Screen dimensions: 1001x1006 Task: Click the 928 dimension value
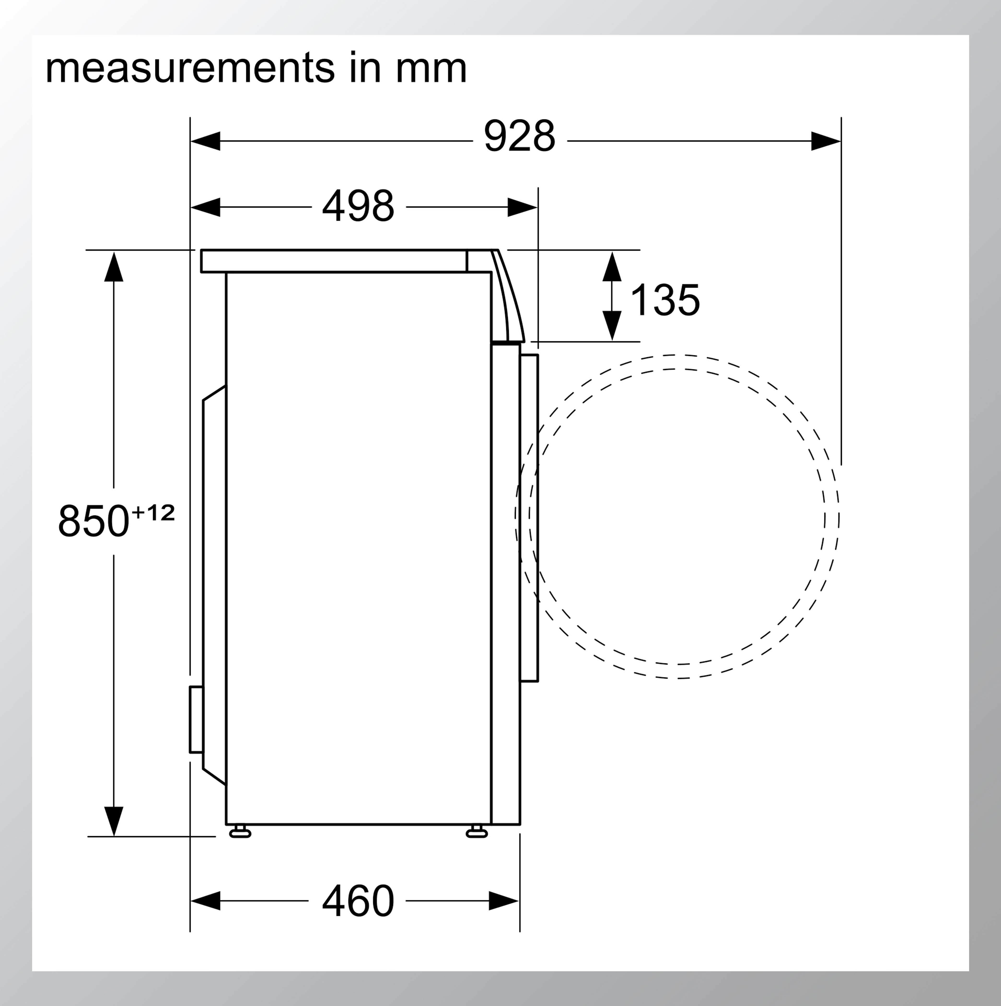click(519, 137)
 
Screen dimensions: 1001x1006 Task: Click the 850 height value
click(94, 521)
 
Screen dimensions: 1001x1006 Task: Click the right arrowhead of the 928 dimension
click(826, 141)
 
